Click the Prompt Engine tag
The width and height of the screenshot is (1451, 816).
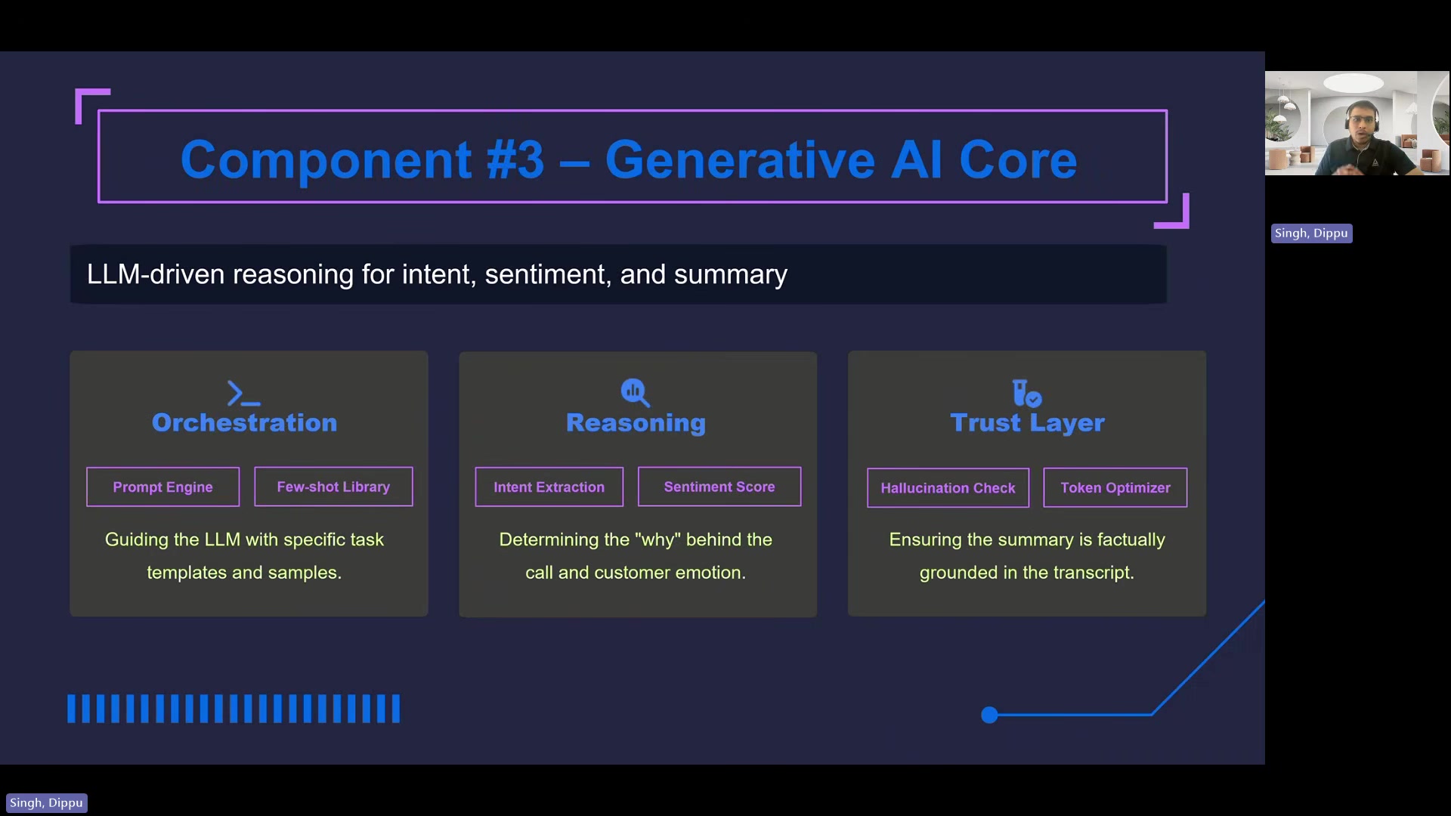[162, 487]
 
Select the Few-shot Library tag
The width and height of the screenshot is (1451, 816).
[333, 487]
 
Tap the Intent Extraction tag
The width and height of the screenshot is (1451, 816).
[549, 487]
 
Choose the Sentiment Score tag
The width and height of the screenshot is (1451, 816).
[719, 487]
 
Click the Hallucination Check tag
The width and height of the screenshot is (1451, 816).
[948, 488]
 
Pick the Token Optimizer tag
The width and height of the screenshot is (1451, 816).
[1115, 488]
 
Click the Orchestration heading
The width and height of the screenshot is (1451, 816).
[244, 422]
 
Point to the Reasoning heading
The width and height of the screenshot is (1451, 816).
[636, 423]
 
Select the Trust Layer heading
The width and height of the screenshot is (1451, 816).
[1027, 423]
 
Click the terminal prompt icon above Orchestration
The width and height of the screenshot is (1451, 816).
[243, 394]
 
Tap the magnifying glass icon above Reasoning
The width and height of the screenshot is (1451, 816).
[635, 392]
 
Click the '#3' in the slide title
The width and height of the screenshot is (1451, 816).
[515, 159]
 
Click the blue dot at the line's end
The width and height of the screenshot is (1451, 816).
[989, 715]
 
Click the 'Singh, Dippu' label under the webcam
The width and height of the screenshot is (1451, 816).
[1311, 233]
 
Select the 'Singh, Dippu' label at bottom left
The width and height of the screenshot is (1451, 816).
[46, 803]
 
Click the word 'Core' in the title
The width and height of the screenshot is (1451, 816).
[1017, 159]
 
